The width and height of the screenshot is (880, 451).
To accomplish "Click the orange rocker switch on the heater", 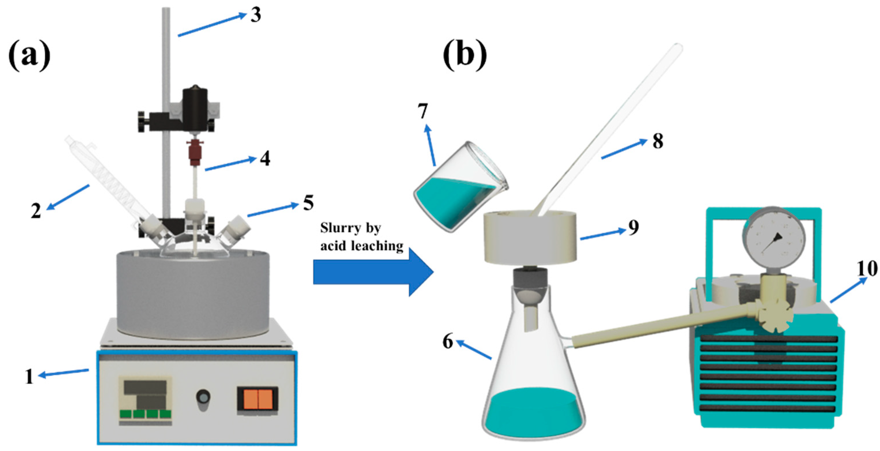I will pos(258,400).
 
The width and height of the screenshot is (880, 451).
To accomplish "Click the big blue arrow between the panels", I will pos(372,272).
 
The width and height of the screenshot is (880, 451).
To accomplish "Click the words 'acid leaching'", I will pos(362,246).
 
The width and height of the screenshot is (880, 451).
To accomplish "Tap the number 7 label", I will pos(423,111).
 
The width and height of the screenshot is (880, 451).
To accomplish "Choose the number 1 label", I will pos(29,377).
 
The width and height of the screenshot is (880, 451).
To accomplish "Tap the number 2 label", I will pos(36,211).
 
